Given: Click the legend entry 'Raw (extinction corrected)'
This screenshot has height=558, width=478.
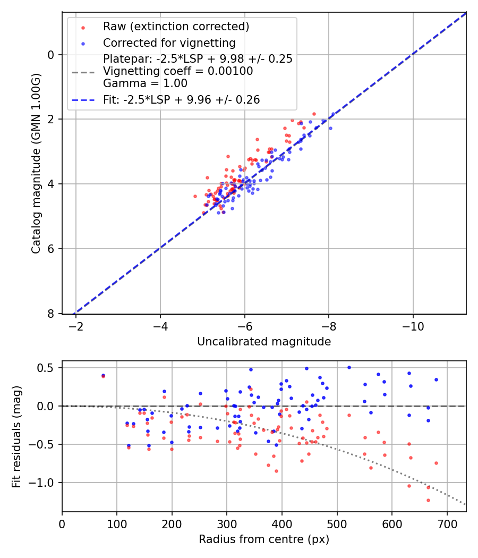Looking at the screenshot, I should [176, 27].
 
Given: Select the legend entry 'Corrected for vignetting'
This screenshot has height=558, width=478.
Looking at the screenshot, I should [169, 43].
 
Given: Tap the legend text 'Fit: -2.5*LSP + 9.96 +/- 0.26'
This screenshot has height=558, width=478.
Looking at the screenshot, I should [181, 100].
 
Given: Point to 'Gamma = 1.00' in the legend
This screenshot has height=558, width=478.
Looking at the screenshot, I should [145, 83].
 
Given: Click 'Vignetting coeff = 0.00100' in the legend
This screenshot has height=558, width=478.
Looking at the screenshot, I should [178, 71].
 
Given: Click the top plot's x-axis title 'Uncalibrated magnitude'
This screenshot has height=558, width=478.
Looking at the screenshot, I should [264, 342].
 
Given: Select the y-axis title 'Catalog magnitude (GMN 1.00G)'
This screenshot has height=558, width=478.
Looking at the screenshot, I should [36, 163].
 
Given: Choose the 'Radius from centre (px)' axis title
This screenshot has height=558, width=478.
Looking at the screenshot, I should [264, 539].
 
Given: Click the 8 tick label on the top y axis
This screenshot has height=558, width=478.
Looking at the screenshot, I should [51, 314].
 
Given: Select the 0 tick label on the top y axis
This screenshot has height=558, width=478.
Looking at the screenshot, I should [51, 55].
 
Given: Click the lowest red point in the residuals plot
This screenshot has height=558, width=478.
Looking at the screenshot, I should [428, 500].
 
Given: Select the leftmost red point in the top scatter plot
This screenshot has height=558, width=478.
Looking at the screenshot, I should [195, 196].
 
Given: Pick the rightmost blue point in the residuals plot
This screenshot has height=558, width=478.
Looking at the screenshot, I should [436, 379].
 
